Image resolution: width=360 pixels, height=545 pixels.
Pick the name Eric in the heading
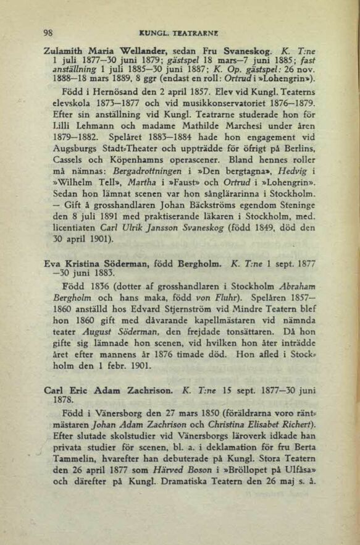(x=71, y=391)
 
